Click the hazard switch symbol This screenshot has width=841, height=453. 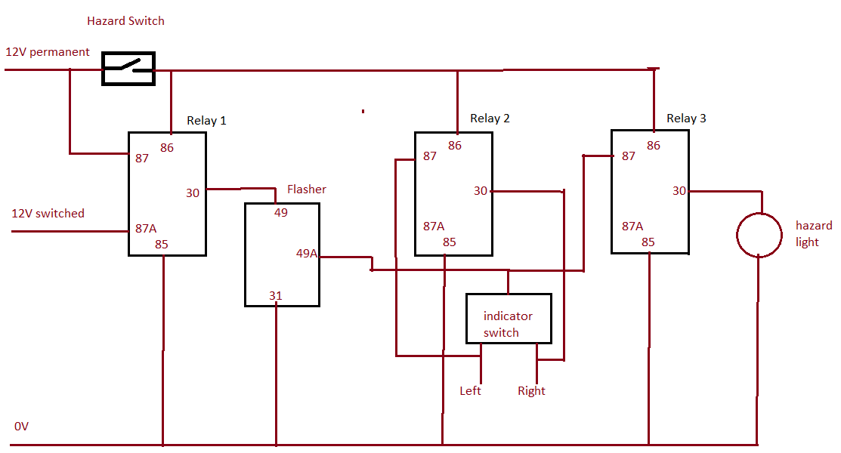128,69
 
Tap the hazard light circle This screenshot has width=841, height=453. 759,234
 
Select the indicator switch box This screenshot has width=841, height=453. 508,318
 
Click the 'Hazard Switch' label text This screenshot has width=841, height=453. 125,21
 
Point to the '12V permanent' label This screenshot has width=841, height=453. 48,52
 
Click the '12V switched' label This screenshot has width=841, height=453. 48,214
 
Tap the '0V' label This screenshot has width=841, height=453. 21,427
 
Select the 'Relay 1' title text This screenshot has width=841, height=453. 206,121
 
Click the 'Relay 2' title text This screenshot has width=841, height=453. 490,119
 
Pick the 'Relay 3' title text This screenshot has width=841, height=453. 686,119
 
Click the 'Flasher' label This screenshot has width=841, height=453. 307,190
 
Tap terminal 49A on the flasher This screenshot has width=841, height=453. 307,254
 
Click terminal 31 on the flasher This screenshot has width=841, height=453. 276,296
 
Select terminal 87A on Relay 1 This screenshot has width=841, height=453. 147,228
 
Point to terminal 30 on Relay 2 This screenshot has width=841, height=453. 481,191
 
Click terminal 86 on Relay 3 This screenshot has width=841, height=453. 654,146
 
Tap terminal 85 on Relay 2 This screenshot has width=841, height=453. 450,242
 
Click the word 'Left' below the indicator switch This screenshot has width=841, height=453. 470,391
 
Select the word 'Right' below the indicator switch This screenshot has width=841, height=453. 531,391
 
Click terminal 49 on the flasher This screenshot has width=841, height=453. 281,213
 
